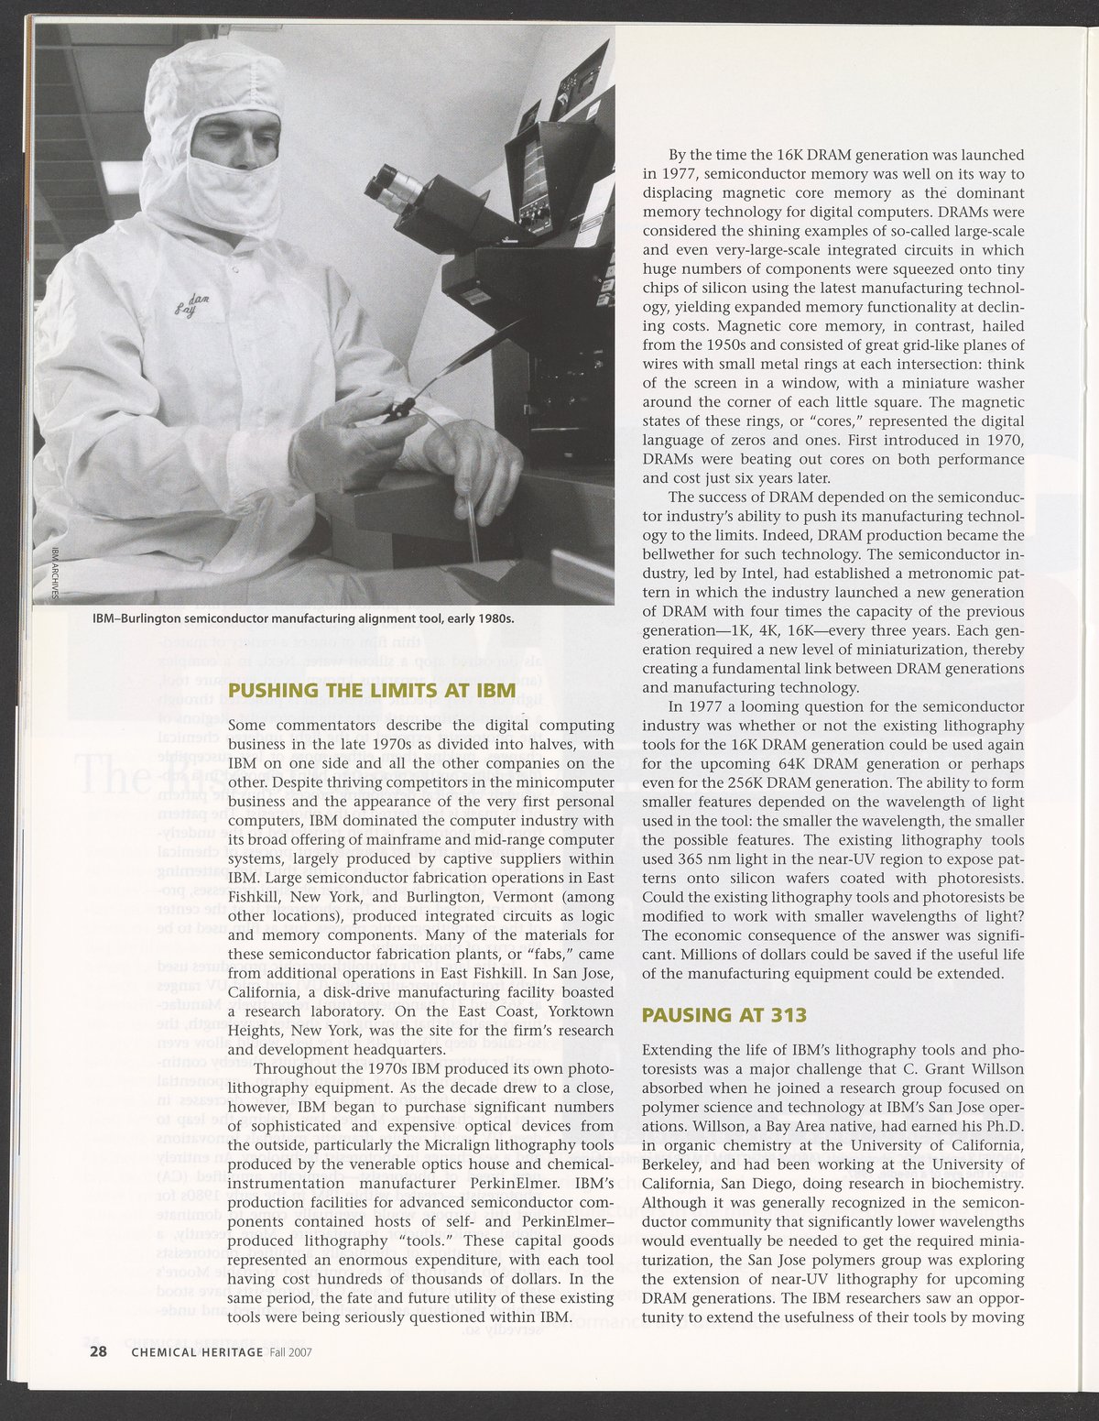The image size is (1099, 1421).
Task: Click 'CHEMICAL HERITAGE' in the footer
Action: [197, 1351]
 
